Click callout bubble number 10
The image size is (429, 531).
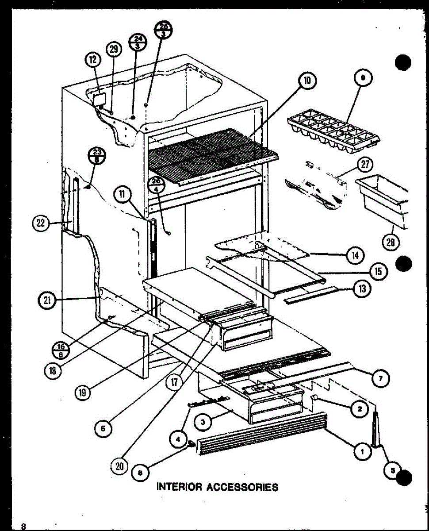click(x=307, y=81)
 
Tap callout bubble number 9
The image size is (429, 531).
click(x=364, y=79)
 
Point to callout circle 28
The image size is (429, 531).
click(x=392, y=242)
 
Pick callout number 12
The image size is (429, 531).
click(x=94, y=60)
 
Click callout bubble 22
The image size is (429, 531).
click(x=41, y=223)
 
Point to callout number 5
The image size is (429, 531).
click(x=392, y=472)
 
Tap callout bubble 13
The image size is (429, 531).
click(x=361, y=289)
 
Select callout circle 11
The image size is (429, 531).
click(x=122, y=194)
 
